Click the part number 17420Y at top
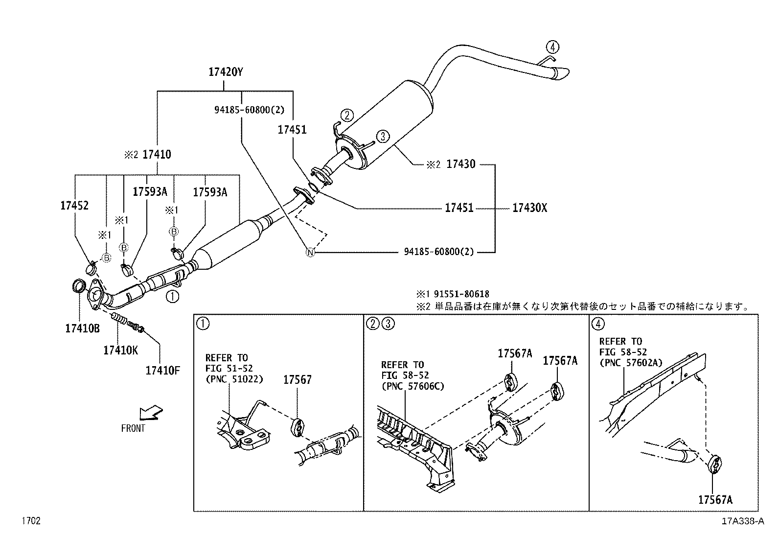[x=226, y=72]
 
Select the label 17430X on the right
[x=529, y=208]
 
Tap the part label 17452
[x=74, y=206]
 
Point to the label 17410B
[x=82, y=328]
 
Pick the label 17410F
[x=162, y=370]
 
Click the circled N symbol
[x=310, y=253]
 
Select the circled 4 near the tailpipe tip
[x=552, y=47]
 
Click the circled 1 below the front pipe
[x=173, y=296]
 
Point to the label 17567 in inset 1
[x=298, y=379]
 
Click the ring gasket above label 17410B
[x=79, y=286]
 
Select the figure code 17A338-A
[x=742, y=521]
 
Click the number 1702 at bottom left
[x=30, y=521]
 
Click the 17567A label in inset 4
[x=715, y=499]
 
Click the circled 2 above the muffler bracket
[x=346, y=116]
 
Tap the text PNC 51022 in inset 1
[x=234, y=378]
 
